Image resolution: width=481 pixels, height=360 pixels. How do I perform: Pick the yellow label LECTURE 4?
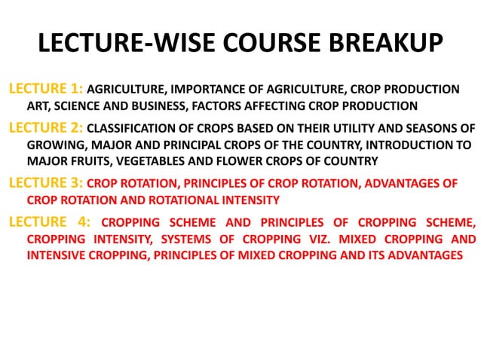coord(46,222)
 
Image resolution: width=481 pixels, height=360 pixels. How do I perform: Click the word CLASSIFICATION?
coord(133,129)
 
